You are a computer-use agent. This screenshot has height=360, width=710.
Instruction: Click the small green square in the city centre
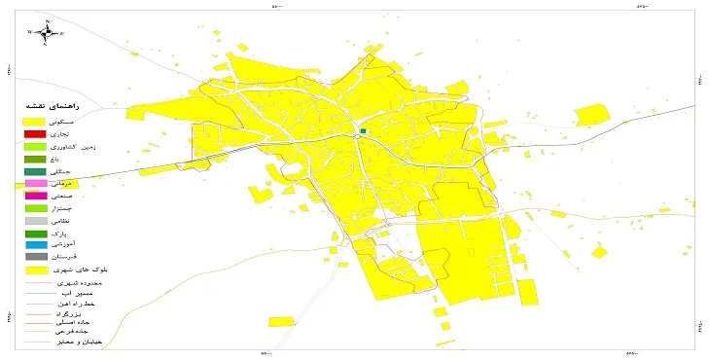(363, 130)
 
